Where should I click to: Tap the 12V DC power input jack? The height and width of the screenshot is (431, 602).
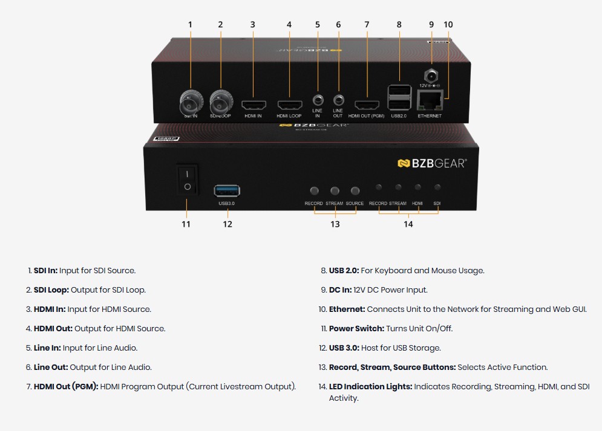click(x=431, y=76)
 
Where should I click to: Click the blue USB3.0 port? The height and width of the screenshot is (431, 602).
click(x=227, y=190)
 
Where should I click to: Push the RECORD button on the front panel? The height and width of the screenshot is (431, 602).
click(x=314, y=190)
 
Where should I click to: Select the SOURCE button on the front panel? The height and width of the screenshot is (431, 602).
click(x=355, y=190)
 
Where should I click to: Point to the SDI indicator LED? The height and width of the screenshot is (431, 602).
click(x=437, y=187)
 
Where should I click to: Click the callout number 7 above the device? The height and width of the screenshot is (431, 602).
click(x=367, y=25)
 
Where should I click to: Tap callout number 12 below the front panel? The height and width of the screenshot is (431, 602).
click(x=227, y=224)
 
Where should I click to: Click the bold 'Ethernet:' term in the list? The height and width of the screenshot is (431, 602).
click(x=347, y=309)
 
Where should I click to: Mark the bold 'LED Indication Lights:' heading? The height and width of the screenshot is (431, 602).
click(x=370, y=387)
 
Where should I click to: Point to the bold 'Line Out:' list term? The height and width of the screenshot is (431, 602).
click(x=50, y=368)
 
